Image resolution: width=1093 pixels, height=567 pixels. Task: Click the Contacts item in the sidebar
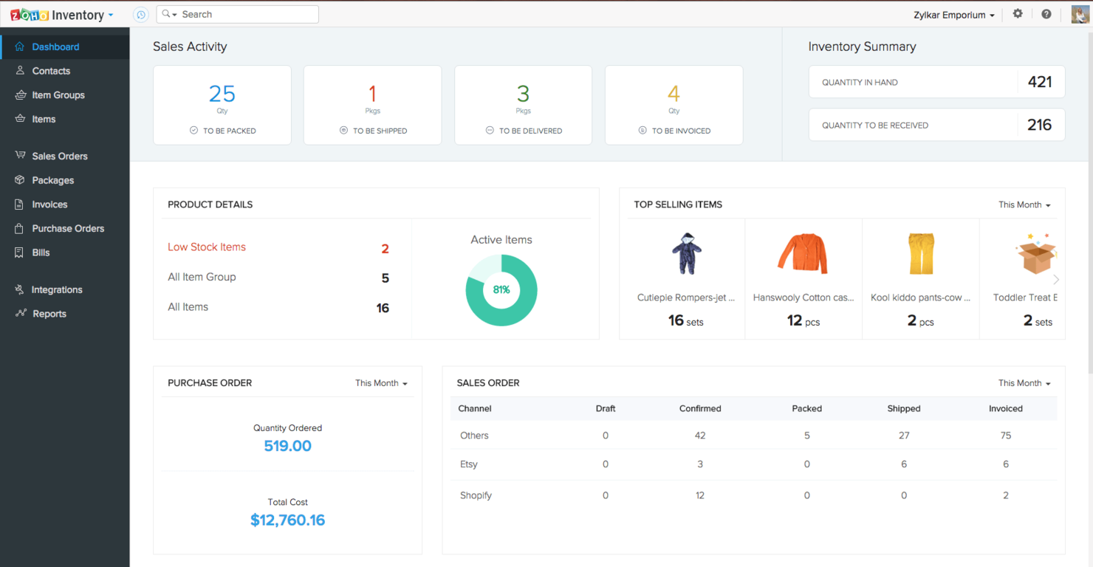[x=51, y=71]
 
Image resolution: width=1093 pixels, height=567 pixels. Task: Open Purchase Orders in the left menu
[x=68, y=228]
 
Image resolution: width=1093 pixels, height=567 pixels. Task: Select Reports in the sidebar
[x=49, y=314]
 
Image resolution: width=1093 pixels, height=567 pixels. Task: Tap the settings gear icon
[x=1018, y=14]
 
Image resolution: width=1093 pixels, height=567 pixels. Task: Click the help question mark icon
[x=1046, y=14]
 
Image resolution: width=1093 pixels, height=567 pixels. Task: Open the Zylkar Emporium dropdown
[x=954, y=15]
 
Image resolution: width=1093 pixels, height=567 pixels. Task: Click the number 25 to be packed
[x=222, y=94]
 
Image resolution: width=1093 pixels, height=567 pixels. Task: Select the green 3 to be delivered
[x=523, y=94]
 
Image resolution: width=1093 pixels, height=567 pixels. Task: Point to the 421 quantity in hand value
[x=1039, y=82]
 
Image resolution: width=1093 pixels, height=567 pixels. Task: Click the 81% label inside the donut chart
[x=501, y=289]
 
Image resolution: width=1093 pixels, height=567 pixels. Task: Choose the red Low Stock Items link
[x=207, y=247]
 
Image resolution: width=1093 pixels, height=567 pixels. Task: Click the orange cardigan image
[x=803, y=253]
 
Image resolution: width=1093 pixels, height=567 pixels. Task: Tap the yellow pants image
[x=920, y=253]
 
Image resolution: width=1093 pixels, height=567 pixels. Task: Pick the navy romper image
[x=686, y=253]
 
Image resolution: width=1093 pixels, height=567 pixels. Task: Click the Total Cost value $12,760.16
[x=287, y=520]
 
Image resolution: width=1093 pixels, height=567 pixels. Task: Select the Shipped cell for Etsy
[x=904, y=464]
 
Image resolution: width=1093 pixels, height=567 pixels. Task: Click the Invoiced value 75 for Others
[x=1006, y=436]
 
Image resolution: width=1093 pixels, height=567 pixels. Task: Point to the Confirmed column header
[x=700, y=408]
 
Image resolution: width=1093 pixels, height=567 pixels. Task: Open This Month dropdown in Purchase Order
[x=381, y=383]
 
